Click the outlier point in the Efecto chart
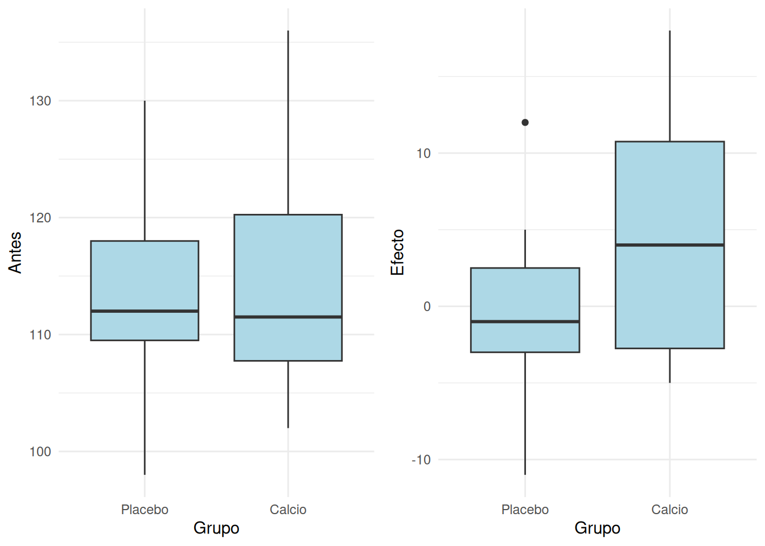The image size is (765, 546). click(525, 122)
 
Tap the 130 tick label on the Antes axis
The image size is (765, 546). click(40, 101)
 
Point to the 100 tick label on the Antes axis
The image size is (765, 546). click(40, 452)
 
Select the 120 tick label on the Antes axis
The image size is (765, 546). click(40, 218)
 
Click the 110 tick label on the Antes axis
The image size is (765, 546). click(40, 334)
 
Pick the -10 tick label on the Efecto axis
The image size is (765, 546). click(421, 460)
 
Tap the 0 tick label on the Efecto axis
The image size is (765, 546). click(427, 307)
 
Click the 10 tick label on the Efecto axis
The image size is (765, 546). click(423, 153)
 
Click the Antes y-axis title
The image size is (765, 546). click(15, 253)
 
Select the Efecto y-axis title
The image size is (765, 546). click(397, 253)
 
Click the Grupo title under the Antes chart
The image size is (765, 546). click(216, 528)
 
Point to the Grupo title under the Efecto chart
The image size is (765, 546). click(597, 528)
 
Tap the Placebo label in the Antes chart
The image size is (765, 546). click(145, 510)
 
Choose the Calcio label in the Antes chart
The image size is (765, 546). click(288, 510)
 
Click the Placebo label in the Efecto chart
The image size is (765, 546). click(525, 510)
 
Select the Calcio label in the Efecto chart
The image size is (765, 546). click(669, 510)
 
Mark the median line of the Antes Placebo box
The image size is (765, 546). click(145, 311)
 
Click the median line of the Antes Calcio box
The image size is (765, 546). click(288, 317)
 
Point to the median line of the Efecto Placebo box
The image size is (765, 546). click(525, 321)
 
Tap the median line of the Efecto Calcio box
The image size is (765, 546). click(669, 245)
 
